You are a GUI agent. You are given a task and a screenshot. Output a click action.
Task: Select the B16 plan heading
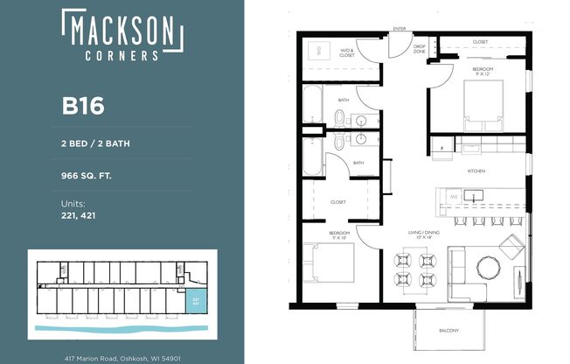click(83, 106)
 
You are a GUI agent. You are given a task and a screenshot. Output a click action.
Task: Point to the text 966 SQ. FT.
click(87, 175)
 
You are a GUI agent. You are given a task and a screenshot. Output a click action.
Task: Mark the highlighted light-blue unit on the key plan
click(193, 301)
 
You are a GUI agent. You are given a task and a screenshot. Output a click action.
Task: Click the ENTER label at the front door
click(401, 30)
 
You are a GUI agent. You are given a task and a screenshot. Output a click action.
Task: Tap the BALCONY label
click(448, 331)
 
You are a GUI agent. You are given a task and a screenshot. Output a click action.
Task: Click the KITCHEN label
click(476, 171)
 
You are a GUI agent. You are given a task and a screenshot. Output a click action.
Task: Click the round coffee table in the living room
click(487, 265)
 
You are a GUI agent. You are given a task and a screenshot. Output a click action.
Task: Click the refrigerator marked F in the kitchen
click(442, 147)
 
